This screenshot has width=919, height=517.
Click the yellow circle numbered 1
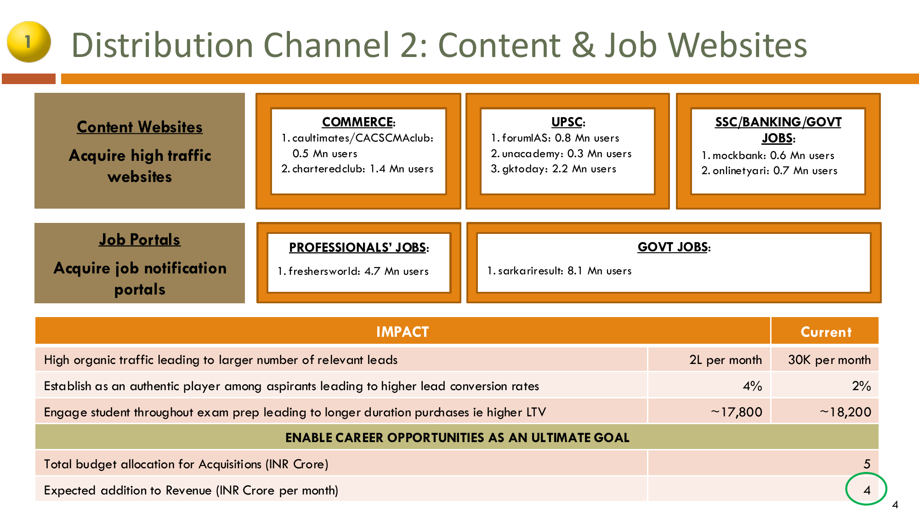tap(28, 42)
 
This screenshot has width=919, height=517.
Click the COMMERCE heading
tap(358, 122)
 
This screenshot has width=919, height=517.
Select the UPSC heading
tap(568, 122)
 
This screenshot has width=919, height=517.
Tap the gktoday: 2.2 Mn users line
tap(553, 169)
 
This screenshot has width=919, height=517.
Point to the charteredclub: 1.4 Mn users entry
tap(357, 169)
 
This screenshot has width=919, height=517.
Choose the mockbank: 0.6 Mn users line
tap(767, 155)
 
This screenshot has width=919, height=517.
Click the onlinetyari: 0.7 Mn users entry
tap(769, 171)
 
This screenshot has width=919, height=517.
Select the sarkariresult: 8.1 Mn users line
tap(559, 271)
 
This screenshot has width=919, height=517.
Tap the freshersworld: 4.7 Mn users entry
tap(353, 271)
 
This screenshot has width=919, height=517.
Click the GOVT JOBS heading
tap(674, 247)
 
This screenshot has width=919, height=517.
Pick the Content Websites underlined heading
tap(140, 127)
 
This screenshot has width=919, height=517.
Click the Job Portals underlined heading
tap(140, 239)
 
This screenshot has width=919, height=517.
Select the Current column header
tap(826, 332)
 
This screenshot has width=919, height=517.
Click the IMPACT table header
tap(403, 332)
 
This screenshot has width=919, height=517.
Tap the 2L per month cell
tap(726, 360)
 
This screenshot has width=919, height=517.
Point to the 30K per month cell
tap(829, 360)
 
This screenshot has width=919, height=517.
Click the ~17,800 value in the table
tap(736, 412)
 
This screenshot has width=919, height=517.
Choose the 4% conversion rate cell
tap(753, 386)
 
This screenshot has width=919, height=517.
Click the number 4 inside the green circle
tap(867, 490)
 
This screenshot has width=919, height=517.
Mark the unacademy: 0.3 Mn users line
tap(561, 153)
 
